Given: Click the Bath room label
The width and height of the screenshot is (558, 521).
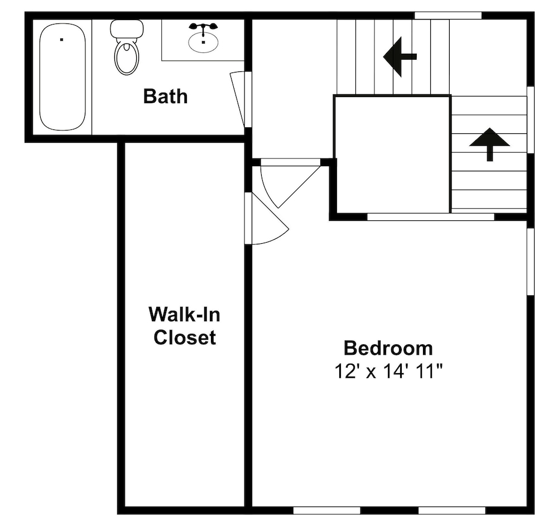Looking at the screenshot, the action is pyautogui.click(x=166, y=97).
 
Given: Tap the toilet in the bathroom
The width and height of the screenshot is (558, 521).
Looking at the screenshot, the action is pyautogui.click(x=127, y=47).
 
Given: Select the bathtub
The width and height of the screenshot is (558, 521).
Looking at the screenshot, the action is pyautogui.click(x=62, y=77).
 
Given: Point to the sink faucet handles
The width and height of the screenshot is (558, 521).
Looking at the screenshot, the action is pyautogui.click(x=203, y=26).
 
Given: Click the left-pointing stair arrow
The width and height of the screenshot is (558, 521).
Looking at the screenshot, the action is pyautogui.click(x=400, y=56).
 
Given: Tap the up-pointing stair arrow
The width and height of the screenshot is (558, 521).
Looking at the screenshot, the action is pyautogui.click(x=490, y=144).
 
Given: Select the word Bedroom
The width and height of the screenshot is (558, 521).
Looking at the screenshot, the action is pyautogui.click(x=388, y=348).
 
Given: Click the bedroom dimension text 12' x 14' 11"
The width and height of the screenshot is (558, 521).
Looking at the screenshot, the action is pyautogui.click(x=388, y=372).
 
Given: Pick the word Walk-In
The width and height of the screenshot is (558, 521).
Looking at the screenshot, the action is pyautogui.click(x=184, y=315).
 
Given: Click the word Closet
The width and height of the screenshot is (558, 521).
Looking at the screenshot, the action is pyautogui.click(x=185, y=337).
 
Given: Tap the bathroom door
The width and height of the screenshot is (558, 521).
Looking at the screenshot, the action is pyautogui.click(x=238, y=99).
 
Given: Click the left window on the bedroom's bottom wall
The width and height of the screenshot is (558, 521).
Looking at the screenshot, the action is pyautogui.click(x=326, y=511).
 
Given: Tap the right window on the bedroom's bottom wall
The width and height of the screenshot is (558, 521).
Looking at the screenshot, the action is pyautogui.click(x=452, y=511).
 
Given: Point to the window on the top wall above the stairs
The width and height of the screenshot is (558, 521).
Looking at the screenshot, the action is pyautogui.click(x=448, y=16).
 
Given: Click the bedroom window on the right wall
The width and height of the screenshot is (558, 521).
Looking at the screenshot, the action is pyautogui.click(x=531, y=262).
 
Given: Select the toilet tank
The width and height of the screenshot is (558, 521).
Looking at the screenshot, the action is pyautogui.click(x=127, y=29).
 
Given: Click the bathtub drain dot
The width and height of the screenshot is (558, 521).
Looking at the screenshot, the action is pyautogui.click(x=61, y=40).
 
